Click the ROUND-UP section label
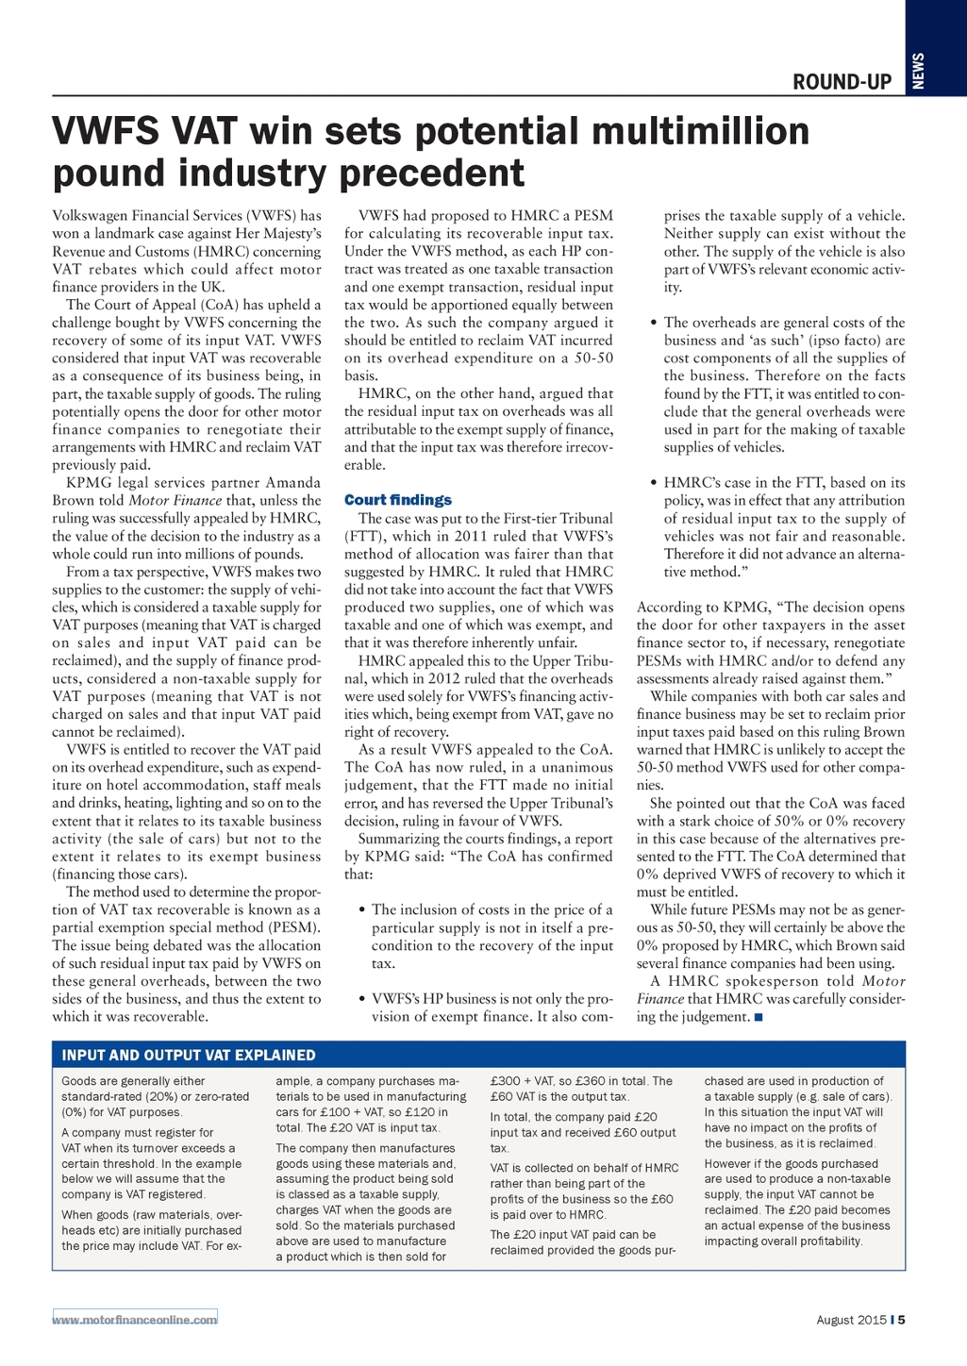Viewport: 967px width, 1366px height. coord(842,82)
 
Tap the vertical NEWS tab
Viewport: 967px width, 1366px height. coord(918,71)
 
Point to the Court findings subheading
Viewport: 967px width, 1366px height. coord(397,500)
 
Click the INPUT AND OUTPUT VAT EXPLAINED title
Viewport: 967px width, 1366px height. coord(189,1055)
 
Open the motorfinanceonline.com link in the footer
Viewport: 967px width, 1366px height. coord(135,1319)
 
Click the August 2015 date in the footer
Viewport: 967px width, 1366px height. coord(851,1320)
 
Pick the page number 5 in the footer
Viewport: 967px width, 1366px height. coord(902,1320)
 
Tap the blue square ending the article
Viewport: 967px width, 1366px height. coord(759,1017)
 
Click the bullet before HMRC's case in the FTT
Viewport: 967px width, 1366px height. coord(653,483)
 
